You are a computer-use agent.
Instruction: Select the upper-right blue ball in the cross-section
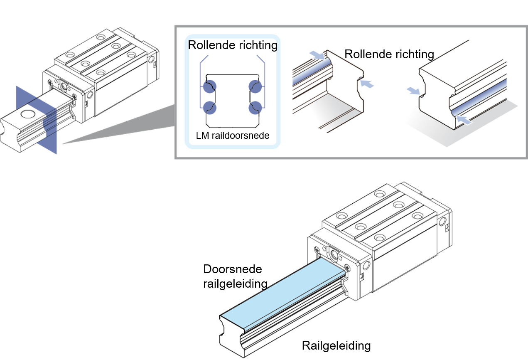[255, 86]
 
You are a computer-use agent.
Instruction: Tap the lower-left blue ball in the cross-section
[209, 107]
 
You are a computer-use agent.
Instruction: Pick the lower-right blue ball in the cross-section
[255, 107]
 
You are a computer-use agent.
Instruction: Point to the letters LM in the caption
[201, 136]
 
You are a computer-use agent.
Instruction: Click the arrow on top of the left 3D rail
[317, 55]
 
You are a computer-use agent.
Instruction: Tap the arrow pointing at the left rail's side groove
[367, 84]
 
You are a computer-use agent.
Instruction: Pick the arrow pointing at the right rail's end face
[414, 91]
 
